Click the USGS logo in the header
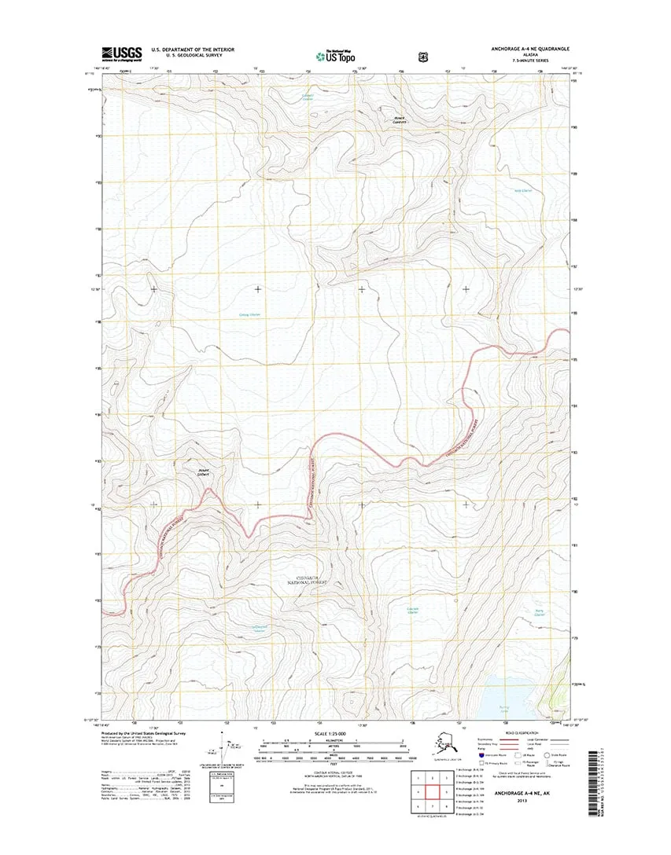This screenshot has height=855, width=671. pyautogui.click(x=120, y=53)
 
